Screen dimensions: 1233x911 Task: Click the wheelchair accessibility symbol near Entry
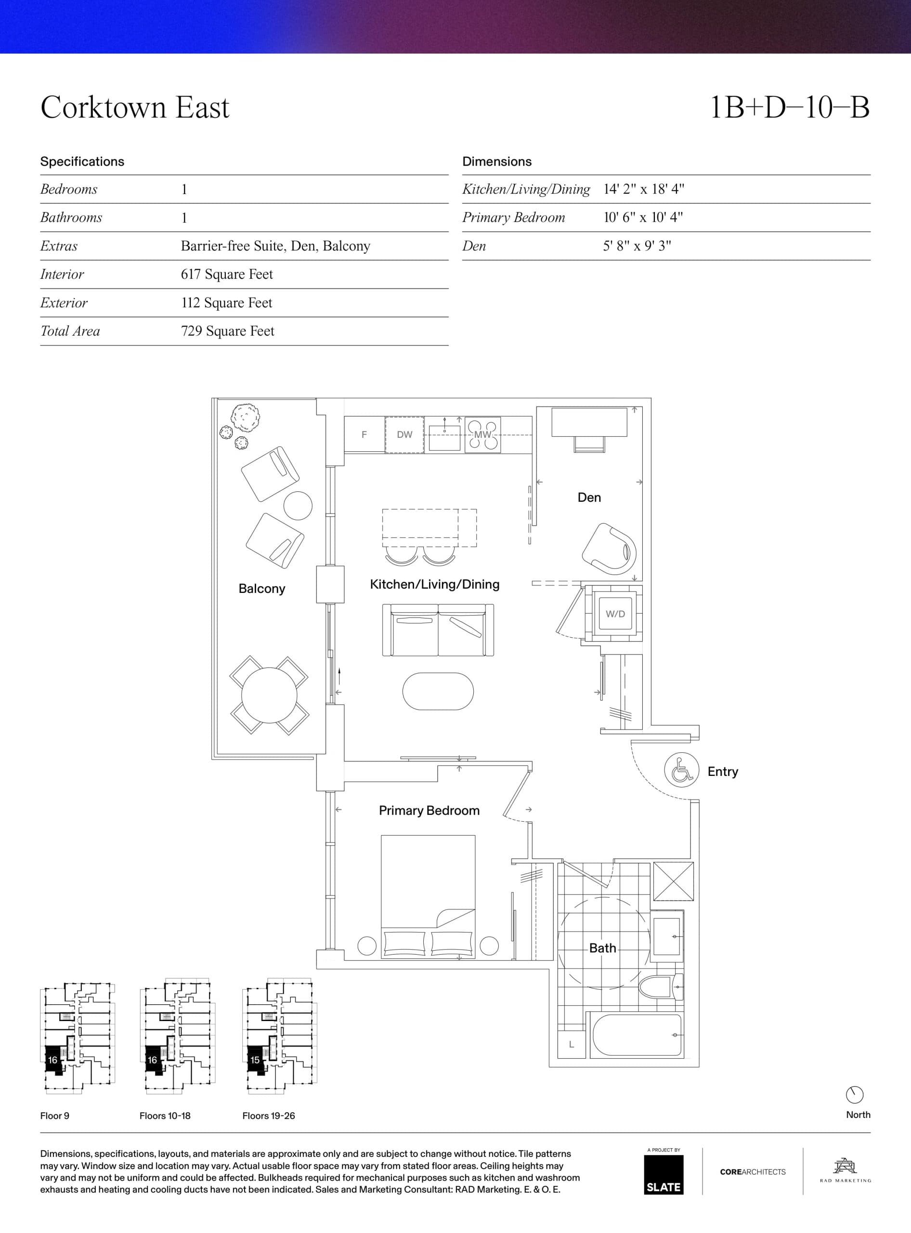coord(682,771)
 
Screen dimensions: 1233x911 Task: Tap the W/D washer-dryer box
coord(615,614)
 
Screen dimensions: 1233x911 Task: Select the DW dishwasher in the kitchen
coord(404,434)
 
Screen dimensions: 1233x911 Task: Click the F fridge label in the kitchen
coord(364,434)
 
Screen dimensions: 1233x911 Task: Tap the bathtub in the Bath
coord(637,1035)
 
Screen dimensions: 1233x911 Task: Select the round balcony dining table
coord(269,695)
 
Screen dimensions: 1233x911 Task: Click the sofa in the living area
coord(438,630)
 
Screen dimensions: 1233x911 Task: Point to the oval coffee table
coord(438,691)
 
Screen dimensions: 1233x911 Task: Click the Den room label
coord(589,497)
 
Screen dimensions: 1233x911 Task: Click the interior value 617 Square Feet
coord(227,274)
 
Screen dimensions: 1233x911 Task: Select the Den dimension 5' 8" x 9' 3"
coord(637,246)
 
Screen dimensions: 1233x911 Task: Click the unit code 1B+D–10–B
coord(789,107)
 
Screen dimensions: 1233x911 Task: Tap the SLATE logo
coord(664,1175)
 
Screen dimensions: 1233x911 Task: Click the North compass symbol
coord(854,1095)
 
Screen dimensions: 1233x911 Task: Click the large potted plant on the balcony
coord(246,418)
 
